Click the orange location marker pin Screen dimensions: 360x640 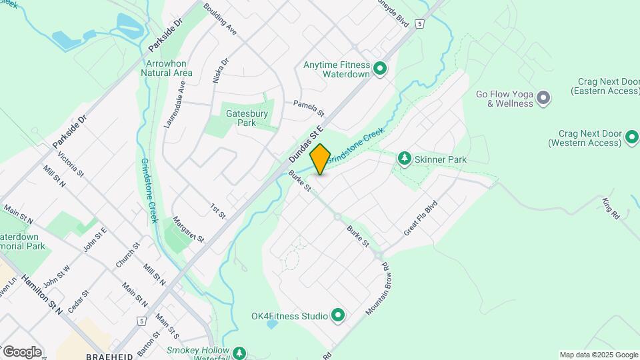(321, 159)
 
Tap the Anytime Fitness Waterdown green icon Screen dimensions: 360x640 (380, 69)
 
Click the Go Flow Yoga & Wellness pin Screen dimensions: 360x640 (543, 99)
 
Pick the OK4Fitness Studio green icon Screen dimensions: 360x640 (337, 315)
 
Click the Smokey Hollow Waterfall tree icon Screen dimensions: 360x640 (239, 352)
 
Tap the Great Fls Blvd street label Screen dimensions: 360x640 (419, 217)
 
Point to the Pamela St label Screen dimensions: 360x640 (309, 107)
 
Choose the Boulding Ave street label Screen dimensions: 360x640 (220, 19)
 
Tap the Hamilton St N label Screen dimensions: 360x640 (41, 294)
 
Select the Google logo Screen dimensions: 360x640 (22, 351)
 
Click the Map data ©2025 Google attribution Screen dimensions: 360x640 (598, 355)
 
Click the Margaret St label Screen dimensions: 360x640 (187, 229)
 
